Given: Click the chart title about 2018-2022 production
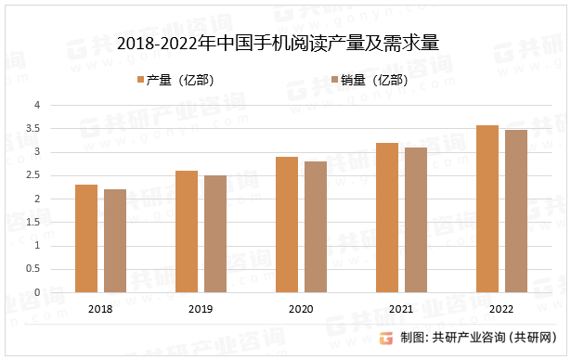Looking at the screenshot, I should (x=279, y=44).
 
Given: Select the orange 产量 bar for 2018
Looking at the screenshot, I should (x=86, y=238).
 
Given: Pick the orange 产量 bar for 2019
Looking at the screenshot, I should (x=187, y=231).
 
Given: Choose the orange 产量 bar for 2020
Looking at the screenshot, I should (x=287, y=225).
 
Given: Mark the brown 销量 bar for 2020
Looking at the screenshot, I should (x=316, y=226).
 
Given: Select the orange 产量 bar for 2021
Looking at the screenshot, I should (x=387, y=217).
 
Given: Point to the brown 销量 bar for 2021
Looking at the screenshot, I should (x=416, y=220).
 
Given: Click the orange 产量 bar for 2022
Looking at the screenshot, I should (x=487, y=209).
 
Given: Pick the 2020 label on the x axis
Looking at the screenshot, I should (x=300, y=308).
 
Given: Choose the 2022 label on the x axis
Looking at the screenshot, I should (x=501, y=308).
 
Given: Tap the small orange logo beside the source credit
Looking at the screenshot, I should (x=387, y=337).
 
